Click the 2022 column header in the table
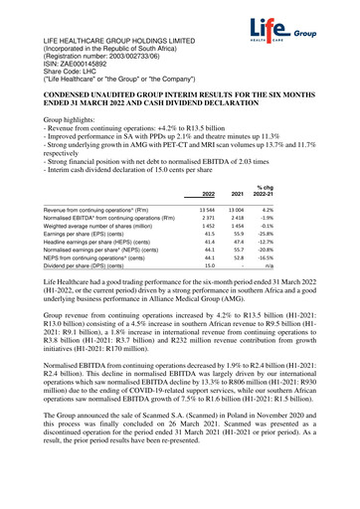pyautogui.click(x=208, y=166)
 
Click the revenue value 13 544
pyautogui.click(x=207, y=184)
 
